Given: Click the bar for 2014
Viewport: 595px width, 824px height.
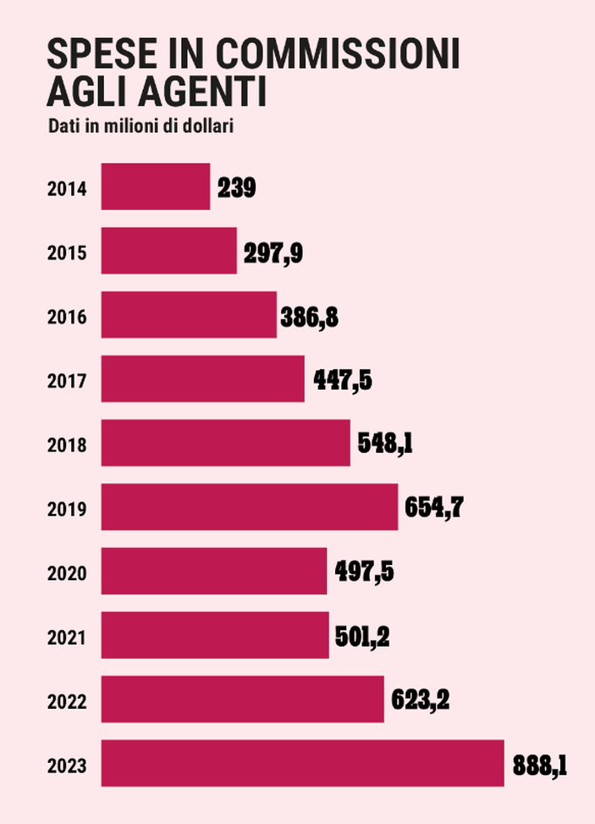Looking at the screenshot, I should [x=155, y=186].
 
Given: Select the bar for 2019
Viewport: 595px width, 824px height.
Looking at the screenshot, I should [x=249, y=506].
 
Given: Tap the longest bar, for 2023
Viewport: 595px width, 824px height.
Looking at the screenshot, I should [x=302, y=763].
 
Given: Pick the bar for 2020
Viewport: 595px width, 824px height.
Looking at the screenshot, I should [x=213, y=571].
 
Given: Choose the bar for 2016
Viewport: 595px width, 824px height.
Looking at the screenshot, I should [x=189, y=314].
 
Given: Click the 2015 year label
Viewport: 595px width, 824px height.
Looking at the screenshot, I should [x=67, y=252].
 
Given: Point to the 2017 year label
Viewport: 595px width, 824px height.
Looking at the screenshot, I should [x=67, y=381].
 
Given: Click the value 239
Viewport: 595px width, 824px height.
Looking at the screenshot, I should [x=237, y=187].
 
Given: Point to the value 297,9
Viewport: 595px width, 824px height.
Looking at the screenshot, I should [x=273, y=252].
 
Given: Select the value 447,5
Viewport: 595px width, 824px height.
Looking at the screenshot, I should [x=343, y=380].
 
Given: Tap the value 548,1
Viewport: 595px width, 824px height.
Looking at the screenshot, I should [x=385, y=443].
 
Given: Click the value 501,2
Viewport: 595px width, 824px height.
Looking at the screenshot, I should [x=363, y=635].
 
